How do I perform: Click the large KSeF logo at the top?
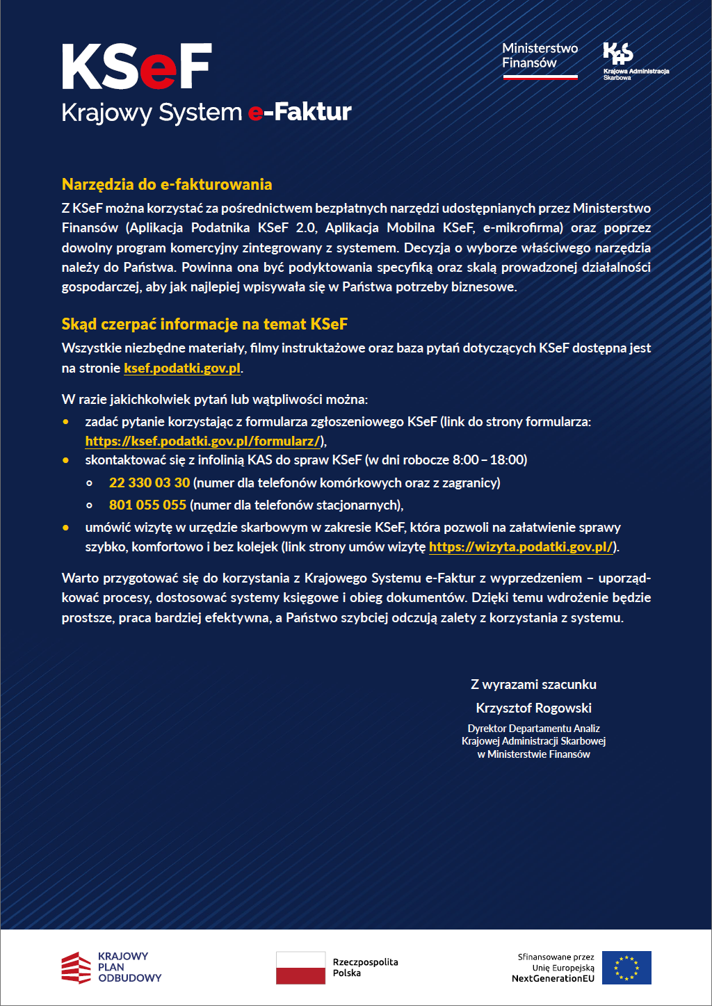(x=137, y=67)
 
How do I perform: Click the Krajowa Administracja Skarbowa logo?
(x=634, y=61)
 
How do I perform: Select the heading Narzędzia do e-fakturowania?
(x=167, y=184)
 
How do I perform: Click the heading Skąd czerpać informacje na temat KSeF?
(x=204, y=324)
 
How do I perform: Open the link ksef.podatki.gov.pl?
(x=182, y=368)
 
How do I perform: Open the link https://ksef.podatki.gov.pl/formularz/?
(x=202, y=441)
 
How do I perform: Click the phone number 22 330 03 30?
(x=149, y=482)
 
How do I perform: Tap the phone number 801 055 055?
(x=147, y=505)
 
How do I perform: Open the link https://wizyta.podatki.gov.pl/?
(x=521, y=546)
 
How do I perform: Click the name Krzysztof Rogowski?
(x=533, y=708)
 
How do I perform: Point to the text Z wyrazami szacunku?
(x=533, y=684)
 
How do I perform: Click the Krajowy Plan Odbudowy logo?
(x=111, y=967)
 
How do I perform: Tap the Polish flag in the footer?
(x=300, y=968)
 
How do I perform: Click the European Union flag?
(x=626, y=968)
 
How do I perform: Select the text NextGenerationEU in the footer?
(x=553, y=978)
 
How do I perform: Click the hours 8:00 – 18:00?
(x=489, y=460)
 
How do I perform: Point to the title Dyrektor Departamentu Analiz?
(x=533, y=729)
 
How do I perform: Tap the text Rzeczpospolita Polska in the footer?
(x=365, y=967)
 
